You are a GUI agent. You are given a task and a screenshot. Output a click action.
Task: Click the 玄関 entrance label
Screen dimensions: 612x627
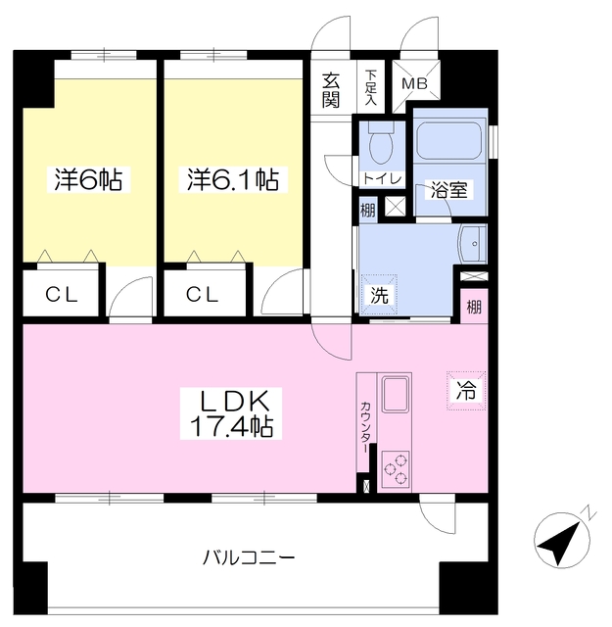[331, 90]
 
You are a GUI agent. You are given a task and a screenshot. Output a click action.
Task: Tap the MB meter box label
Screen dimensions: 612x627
[415, 84]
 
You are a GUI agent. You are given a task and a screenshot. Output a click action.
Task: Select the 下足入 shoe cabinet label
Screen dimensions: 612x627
[370, 87]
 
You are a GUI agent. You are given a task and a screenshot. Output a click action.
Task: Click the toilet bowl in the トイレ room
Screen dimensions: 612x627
[381, 144]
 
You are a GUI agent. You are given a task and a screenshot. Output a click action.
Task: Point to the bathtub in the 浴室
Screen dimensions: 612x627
[449, 141]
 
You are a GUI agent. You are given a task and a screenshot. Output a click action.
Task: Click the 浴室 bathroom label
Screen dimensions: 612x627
[448, 189]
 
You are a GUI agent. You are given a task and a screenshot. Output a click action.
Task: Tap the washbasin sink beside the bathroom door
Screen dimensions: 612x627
[473, 243]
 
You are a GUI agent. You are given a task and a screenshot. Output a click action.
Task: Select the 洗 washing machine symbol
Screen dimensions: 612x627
[379, 295]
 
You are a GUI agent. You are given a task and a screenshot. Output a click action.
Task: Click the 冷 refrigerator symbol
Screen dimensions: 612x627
[466, 390]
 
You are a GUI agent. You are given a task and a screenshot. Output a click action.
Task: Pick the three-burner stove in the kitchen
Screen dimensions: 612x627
[396, 468]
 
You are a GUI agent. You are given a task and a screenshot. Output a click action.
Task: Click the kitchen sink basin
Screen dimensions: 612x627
[396, 395]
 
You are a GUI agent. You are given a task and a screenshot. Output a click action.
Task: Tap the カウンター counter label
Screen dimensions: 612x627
[365, 427]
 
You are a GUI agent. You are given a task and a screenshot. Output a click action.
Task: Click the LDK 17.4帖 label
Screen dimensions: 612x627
[231, 413]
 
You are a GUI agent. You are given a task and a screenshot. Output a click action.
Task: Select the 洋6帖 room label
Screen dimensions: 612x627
[88, 180]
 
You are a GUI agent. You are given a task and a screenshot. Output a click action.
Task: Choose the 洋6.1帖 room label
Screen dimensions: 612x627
[233, 180]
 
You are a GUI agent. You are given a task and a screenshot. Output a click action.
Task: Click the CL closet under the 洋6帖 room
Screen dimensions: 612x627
[61, 294]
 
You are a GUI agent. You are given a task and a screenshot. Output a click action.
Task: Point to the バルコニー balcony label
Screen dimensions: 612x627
[249, 557]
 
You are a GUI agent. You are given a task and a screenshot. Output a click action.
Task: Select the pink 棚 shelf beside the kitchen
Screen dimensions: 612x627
[474, 307]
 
